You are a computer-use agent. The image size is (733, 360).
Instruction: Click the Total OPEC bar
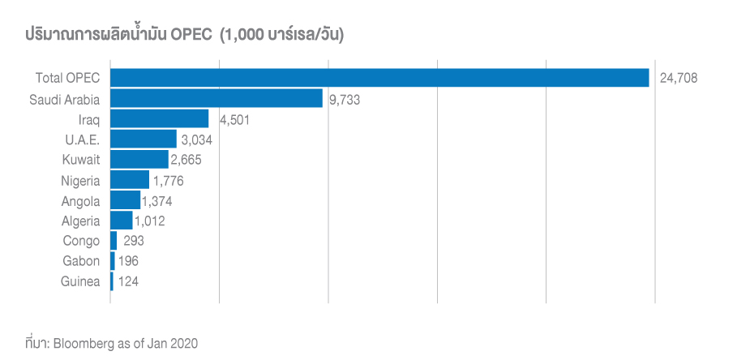coord(379,78)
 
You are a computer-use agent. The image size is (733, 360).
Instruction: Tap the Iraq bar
coord(159,119)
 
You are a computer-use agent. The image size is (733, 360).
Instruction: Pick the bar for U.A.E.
coord(143,139)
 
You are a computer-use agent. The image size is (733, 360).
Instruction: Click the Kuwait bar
coord(139,160)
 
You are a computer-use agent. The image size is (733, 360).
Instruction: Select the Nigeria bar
coord(129,180)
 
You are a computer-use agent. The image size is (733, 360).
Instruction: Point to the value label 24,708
coord(679,79)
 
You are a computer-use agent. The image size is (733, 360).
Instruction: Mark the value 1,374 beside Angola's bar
coord(156,200)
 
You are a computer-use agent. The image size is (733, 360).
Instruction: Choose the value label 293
coord(134,241)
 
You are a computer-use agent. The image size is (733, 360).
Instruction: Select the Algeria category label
coord(81,221)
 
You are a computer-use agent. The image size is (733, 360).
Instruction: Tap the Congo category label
coord(82,241)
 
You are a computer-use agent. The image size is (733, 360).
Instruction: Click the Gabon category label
coord(82,261)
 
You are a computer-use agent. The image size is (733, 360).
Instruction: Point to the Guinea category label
coord(81,281)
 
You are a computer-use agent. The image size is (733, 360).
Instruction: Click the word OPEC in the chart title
coord(193,35)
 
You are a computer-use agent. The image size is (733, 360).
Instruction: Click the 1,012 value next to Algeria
coord(152,221)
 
